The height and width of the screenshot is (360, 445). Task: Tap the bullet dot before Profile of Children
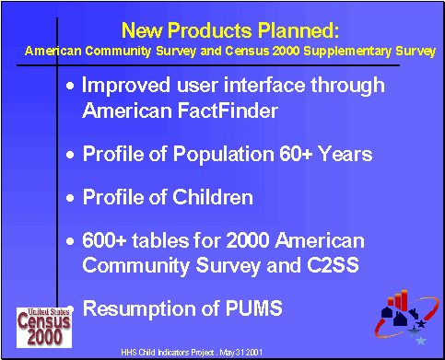tap(73, 199)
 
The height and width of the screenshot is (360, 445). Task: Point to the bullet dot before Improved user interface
tap(73, 87)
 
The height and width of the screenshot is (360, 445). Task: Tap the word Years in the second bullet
tap(345, 154)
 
